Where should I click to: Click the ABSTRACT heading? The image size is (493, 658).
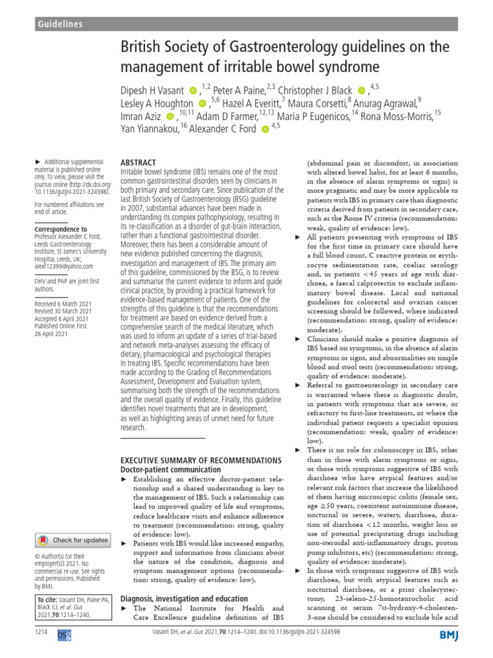pos(138,164)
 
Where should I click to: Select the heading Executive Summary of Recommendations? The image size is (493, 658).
pos(200,461)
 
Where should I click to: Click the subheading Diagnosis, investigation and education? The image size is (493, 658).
pos(180,598)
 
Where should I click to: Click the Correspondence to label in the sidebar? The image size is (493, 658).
pos(60,229)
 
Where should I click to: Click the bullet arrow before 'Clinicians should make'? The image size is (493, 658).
pos(297,339)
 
